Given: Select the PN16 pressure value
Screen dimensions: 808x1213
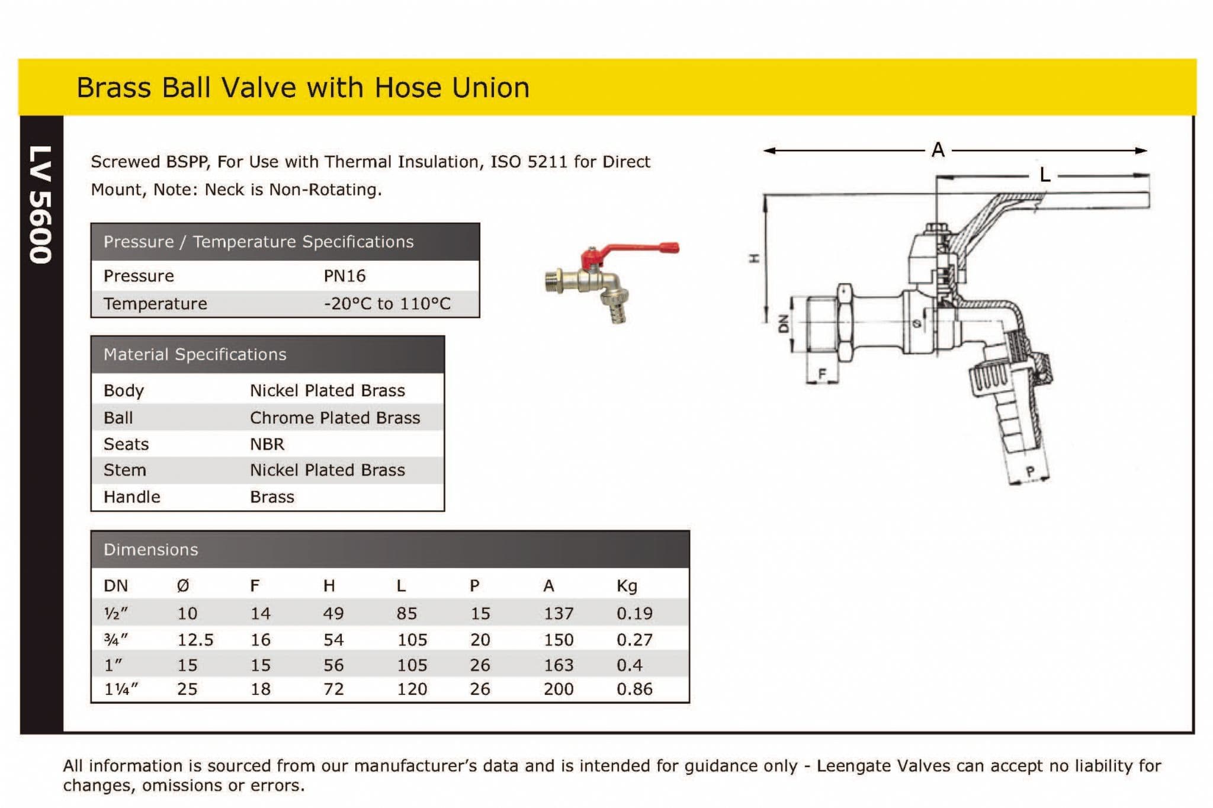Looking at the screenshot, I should tap(344, 276).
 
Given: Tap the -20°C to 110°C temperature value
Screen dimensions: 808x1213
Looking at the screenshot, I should tap(387, 304).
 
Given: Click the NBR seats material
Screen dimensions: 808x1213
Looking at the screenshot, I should tap(267, 444).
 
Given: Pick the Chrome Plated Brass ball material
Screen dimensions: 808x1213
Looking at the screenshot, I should tap(335, 418).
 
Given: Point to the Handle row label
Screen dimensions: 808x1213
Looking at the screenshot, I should tap(131, 497).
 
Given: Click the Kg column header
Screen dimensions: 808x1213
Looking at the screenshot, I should tap(627, 586).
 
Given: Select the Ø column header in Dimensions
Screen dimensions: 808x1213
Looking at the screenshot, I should tap(183, 586).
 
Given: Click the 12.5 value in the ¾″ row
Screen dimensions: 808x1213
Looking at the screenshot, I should tap(195, 640).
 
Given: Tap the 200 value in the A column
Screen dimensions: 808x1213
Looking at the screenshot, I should tap(558, 689).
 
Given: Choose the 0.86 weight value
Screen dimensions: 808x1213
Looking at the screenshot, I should tap(634, 689).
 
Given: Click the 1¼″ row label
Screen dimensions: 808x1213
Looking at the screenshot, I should tap(121, 689).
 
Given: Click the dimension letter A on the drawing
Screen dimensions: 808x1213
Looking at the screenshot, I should tap(938, 150).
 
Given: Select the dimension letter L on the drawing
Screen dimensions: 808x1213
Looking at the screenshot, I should tap(1045, 175).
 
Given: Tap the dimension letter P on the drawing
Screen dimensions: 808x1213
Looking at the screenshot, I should tap(1031, 472).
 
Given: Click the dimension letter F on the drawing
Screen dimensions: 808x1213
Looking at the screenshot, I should tap(821, 374).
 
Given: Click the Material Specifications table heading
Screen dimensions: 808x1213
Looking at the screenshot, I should tap(194, 355).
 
